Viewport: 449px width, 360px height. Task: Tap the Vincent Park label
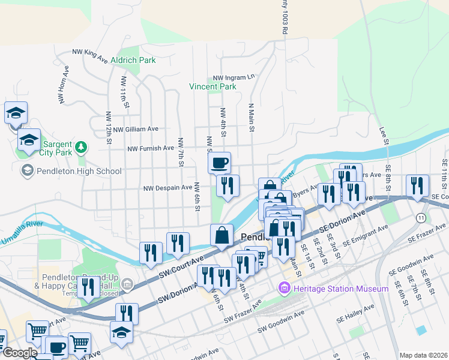[x=212, y=86]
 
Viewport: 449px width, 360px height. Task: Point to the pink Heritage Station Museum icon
[x=285, y=289]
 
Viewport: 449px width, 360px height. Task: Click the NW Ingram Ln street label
[x=234, y=77]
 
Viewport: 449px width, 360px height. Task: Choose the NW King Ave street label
[x=90, y=56]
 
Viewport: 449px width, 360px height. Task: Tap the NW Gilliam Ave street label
[x=136, y=129]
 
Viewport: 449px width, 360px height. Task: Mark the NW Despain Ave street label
[x=167, y=188]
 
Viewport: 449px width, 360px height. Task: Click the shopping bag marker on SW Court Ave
[x=221, y=235]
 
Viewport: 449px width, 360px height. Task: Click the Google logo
[x=20, y=353]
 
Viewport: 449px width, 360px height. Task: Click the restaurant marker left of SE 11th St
[x=417, y=186]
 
